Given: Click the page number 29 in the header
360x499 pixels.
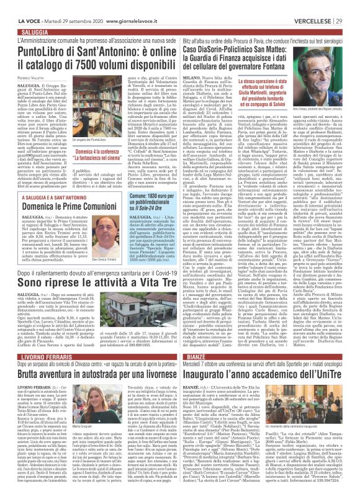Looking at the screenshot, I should click(x=352, y=4).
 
